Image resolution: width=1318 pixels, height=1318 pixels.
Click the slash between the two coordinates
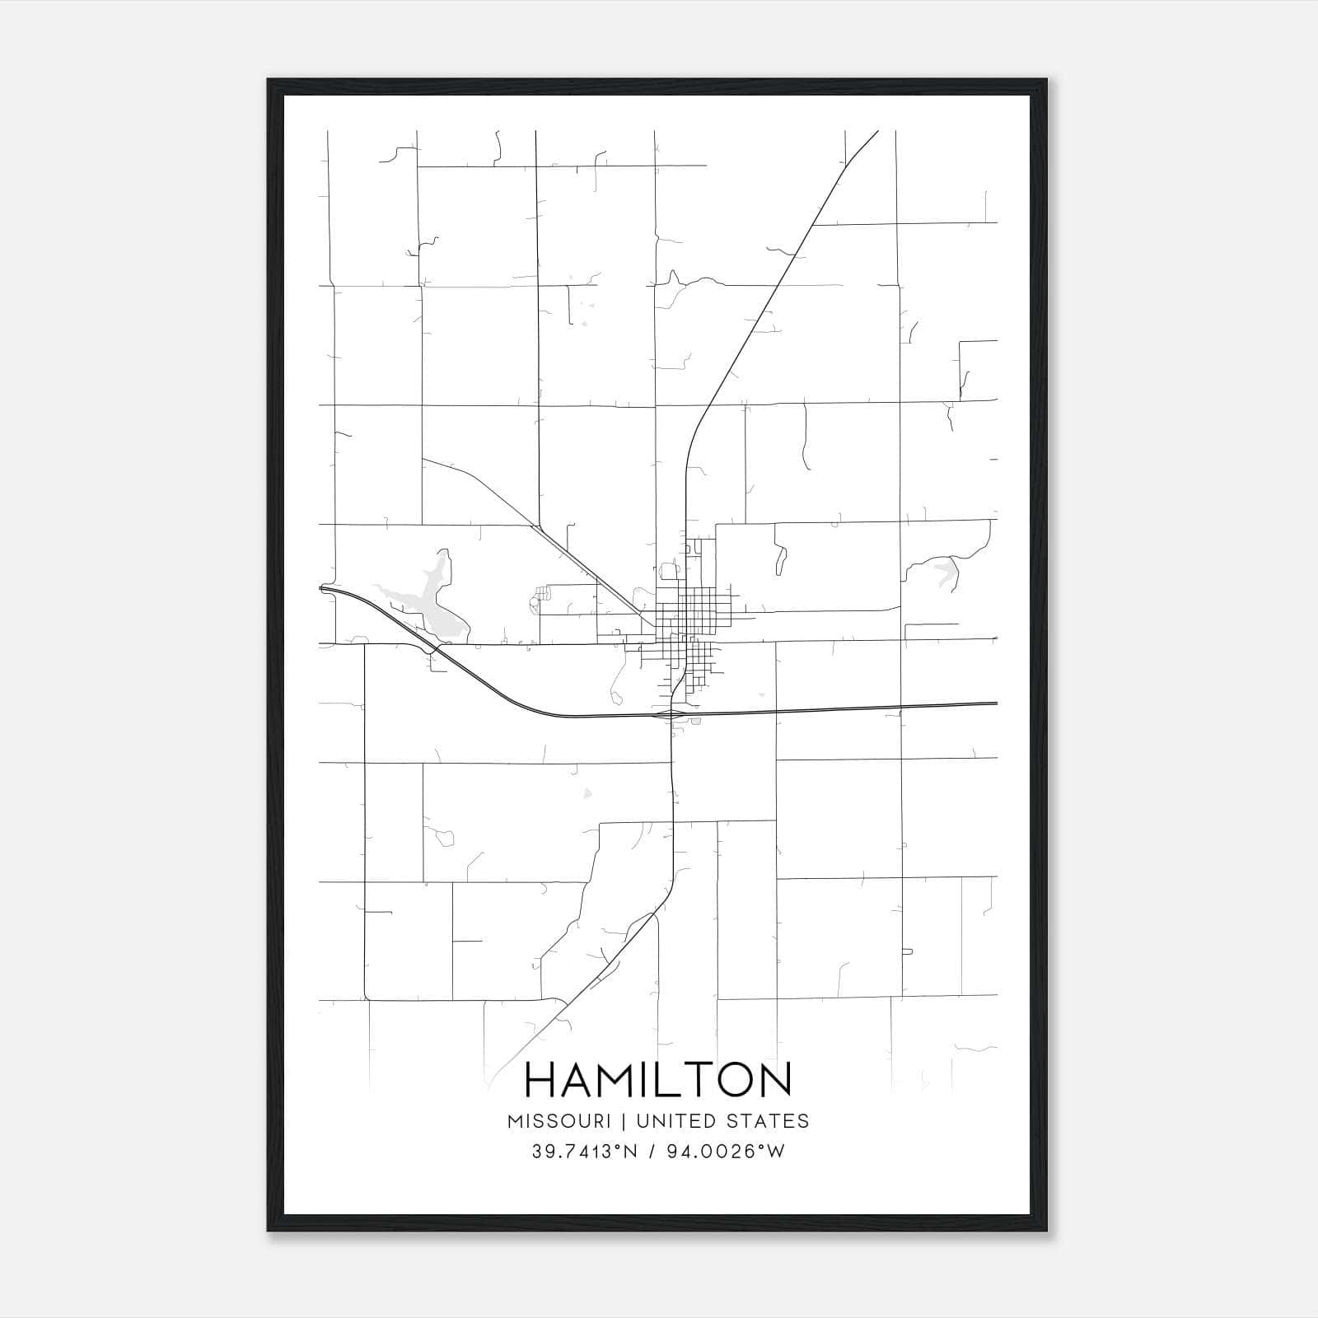click(x=652, y=1152)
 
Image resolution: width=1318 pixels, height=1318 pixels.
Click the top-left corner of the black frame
click(x=269, y=81)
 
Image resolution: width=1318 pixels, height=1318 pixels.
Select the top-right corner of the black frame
click(x=1046, y=81)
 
